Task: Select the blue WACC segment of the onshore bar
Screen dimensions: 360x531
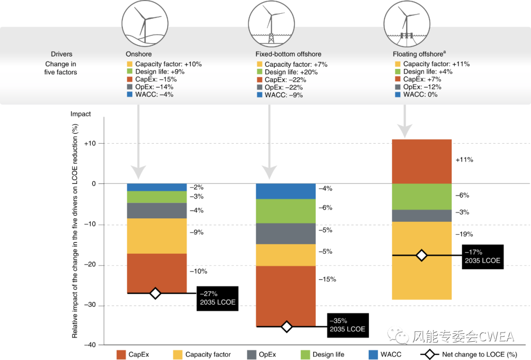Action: point(157,187)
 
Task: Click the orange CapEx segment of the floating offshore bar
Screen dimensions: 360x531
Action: point(422,161)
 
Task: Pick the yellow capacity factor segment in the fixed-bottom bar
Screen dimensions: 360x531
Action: point(286,255)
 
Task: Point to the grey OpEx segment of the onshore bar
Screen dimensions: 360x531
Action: point(157,210)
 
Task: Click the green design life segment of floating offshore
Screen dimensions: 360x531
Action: point(422,196)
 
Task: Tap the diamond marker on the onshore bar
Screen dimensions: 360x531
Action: point(155,293)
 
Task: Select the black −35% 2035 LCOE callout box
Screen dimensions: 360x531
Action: point(348,325)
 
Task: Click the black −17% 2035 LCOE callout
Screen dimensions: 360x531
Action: point(483,256)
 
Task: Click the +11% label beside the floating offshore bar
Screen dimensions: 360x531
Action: point(464,160)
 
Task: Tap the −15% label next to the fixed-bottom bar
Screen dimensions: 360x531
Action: point(327,279)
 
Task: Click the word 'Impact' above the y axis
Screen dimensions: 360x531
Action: point(81,114)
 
